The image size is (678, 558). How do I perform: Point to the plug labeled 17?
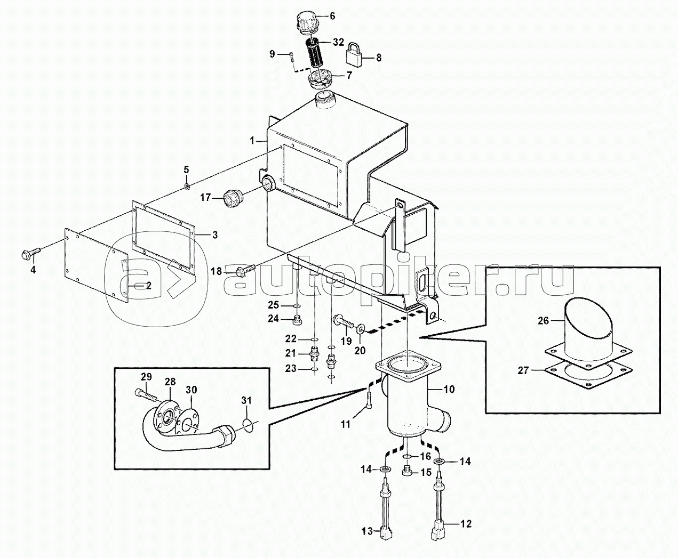[187, 186]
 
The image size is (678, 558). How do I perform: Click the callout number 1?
[252, 141]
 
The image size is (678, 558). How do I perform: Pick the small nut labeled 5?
[187, 186]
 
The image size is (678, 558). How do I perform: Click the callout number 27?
[523, 370]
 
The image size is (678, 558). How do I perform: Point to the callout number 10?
[449, 389]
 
